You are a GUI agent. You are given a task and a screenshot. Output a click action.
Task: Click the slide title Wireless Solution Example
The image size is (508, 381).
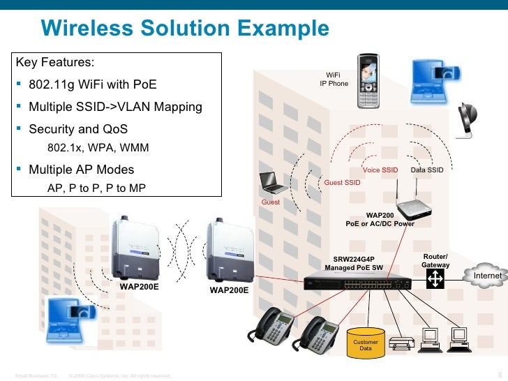tap(184, 29)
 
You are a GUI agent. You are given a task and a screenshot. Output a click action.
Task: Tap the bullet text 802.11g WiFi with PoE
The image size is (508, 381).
tap(93, 85)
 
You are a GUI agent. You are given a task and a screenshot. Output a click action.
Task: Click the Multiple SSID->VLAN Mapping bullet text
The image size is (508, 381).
tap(115, 107)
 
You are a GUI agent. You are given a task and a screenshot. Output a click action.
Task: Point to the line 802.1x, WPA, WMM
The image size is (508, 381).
tap(98, 149)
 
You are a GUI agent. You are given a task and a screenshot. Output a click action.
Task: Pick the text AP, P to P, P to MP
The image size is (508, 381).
tap(96, 188)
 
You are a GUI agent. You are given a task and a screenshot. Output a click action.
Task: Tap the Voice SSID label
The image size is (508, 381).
tap(380, 170)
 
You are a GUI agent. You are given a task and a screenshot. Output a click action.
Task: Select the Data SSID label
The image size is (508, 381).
tap(426, 170)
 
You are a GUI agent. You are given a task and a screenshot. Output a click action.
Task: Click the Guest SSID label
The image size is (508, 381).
tap(343, 183)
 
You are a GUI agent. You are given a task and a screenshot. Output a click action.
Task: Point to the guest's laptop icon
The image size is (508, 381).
tap(274, 183)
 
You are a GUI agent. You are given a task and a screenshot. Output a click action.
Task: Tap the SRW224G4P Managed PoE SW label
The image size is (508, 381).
tap(354, 263)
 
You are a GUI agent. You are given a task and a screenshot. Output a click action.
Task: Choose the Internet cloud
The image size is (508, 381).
tap(487, 276)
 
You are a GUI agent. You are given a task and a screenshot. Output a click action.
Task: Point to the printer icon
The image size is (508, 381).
tap(402, 343)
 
